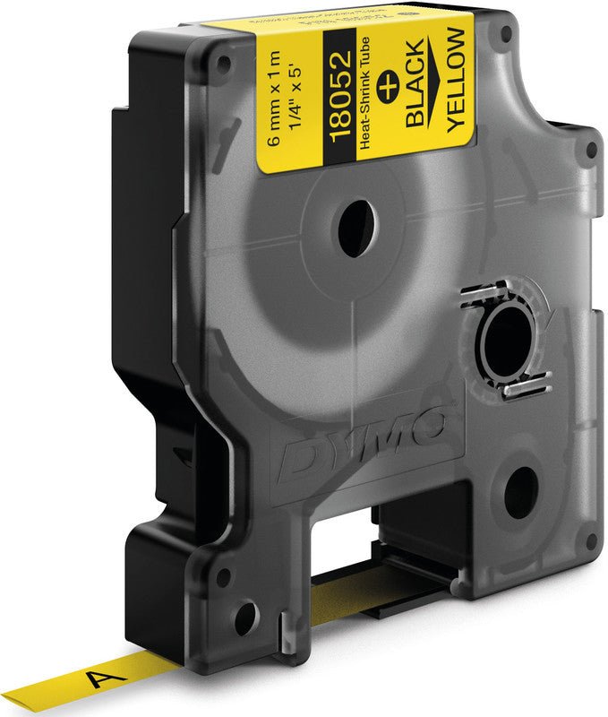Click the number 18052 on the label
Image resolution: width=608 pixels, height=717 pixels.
(340, 96)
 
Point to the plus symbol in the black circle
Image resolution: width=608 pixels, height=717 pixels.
(388, 89)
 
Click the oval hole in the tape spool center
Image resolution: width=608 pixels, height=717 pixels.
(356, 229)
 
